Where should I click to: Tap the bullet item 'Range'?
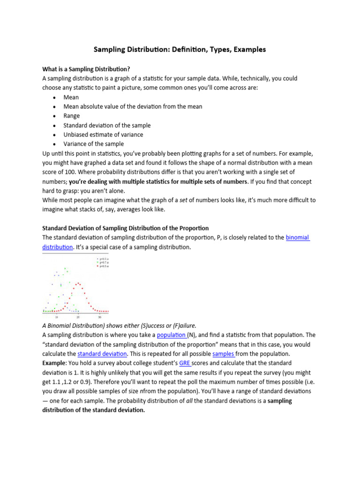(72, 116)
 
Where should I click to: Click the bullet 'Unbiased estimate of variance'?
(103, 135)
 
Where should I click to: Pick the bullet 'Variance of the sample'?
(94, 144)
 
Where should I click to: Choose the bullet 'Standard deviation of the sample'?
(107, 125)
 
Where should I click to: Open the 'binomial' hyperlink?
(298, 238)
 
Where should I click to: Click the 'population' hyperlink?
(172, 335)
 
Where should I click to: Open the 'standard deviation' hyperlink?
(102, 353)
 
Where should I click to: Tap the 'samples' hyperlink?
(223, 353)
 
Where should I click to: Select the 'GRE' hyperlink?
(185, 363)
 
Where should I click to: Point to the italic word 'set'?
(173, 200)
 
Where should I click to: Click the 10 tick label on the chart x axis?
(57, 317)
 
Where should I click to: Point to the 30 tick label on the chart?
(100, 317)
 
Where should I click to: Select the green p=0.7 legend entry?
(102, 262)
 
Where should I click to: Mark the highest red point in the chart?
(78, 283)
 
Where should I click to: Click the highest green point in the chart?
(66, 268)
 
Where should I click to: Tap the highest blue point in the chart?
(57, 271)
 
